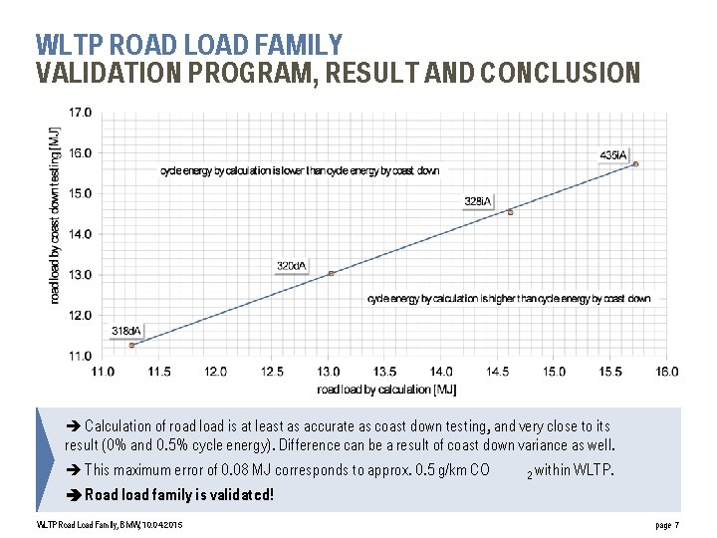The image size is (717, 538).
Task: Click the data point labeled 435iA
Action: (x=635, y=164)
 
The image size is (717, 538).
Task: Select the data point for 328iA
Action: (x=511, y=212)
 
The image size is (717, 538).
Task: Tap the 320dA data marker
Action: (x=332, y=273)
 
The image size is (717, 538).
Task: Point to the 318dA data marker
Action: (x=131, y=345)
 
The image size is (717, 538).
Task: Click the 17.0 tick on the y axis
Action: (x=80, y=113)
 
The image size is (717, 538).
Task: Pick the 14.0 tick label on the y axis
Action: (x=80, y=234)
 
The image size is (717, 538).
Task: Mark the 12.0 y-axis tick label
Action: (x=80, y=315)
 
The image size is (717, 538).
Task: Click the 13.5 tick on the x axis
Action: (x=385, y=372)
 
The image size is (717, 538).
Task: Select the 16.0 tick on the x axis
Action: (x=667, y=372)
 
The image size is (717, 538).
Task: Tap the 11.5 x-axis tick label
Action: (x=159, y=372)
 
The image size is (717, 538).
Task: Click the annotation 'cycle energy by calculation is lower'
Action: (x=300, y=171)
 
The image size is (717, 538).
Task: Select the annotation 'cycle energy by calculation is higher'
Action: (x=509, y=298)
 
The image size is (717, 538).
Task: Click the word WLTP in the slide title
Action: (x=70, y=45)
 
